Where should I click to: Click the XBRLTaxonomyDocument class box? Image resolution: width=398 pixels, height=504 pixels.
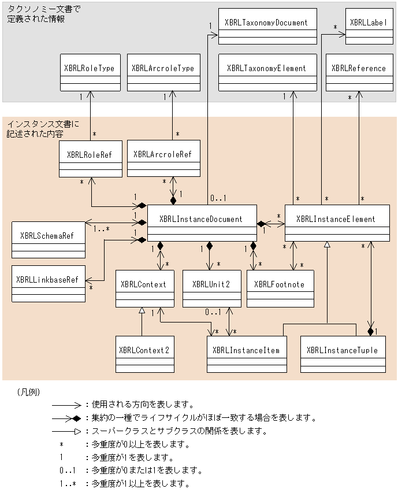point(267,27)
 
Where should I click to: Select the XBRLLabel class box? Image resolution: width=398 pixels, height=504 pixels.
point(369,27)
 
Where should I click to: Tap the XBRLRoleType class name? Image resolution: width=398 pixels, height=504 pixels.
point(90,68)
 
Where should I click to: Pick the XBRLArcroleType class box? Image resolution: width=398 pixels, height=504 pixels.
point(164,73)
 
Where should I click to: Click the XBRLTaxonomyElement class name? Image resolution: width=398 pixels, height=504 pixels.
point(266,68)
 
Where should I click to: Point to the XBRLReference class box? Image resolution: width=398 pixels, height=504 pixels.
point(359,73)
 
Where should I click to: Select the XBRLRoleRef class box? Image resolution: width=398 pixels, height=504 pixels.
point(91,159)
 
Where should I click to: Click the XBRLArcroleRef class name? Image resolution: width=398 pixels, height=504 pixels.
point(162,154)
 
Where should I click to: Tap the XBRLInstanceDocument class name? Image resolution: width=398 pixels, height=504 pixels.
point(201,219)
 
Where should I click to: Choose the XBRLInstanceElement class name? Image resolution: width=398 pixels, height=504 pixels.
point(336,219)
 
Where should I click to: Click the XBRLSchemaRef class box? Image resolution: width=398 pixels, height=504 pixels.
point(49,240)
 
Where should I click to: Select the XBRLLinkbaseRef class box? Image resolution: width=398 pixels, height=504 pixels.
point(49,284)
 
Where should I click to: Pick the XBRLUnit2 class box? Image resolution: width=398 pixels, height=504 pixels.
point(211,288)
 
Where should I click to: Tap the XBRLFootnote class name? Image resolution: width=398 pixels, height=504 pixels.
point(279,284)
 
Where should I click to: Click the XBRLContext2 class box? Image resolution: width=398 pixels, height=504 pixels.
point(145,354)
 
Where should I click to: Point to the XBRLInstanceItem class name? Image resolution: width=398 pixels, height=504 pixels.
point(246,350)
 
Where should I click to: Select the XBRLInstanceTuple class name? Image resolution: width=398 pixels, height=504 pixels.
point(342,350)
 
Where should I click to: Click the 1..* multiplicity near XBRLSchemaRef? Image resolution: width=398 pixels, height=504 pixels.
point(102,229)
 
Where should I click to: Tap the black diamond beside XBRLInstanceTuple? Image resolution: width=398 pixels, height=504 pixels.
point(371,331)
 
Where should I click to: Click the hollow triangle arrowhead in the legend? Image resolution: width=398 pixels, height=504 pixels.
point(78,431)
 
